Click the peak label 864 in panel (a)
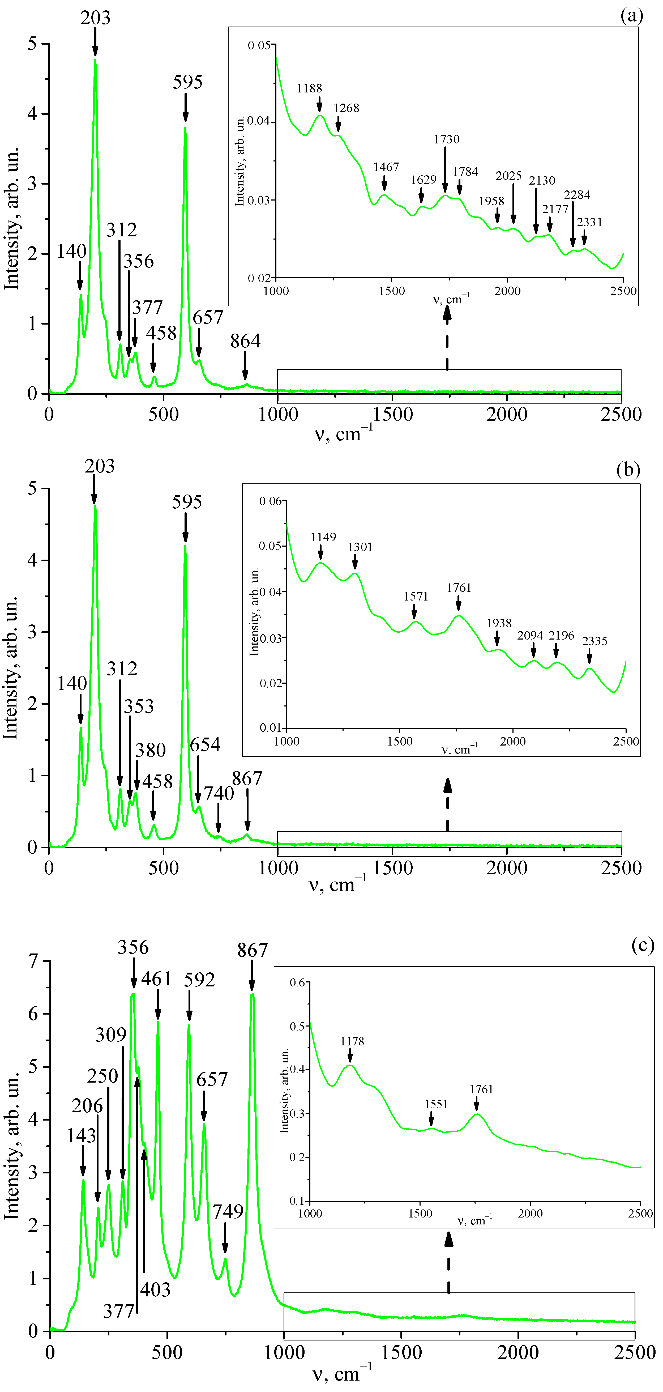point(245,341)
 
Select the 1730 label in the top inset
point(446,139)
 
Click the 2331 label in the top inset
point(589,222)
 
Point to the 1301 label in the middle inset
point(360,547)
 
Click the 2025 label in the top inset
point(508,176)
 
